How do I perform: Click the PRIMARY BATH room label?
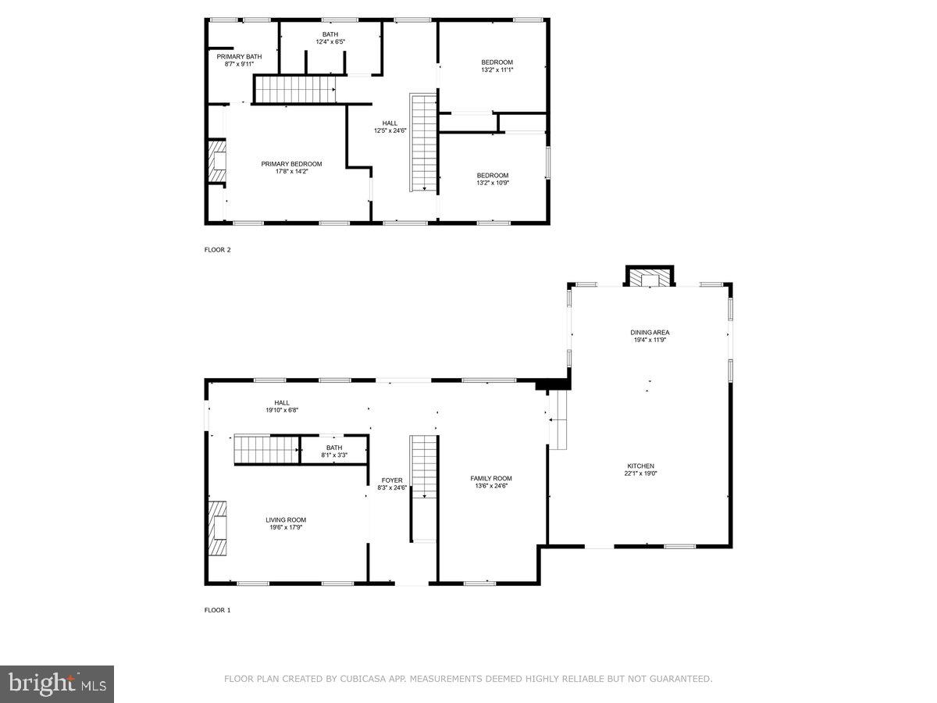click(x=239, y=56)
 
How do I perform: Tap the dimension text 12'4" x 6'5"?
click(x=330, y=42)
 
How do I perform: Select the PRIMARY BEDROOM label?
click(x=291, y=164)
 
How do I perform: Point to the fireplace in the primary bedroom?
click(x=216, y=162)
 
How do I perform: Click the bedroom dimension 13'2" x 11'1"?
click(x=497, y=70)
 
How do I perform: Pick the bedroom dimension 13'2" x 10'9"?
click(x=493, y=183)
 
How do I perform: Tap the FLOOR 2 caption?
click(x=217, y=250)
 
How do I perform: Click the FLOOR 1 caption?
click(x=217, y=610)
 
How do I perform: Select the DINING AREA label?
click(x=650, y=333)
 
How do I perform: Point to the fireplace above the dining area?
click(x=650, y=277)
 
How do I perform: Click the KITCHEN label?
click(x=639, y=466)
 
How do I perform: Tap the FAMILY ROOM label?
click(x=490, y=478)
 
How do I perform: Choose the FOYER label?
click(x=392, y=480)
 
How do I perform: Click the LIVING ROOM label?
click(x=286, y=519)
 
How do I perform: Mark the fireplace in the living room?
click(x=218, y=527)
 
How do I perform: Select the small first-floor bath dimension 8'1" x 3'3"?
click(x=334, y=455)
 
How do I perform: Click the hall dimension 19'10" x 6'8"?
click(x=281, y=410)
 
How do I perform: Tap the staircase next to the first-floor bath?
click(x=267, y=450)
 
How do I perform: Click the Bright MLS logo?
click(x=57, y=684)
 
